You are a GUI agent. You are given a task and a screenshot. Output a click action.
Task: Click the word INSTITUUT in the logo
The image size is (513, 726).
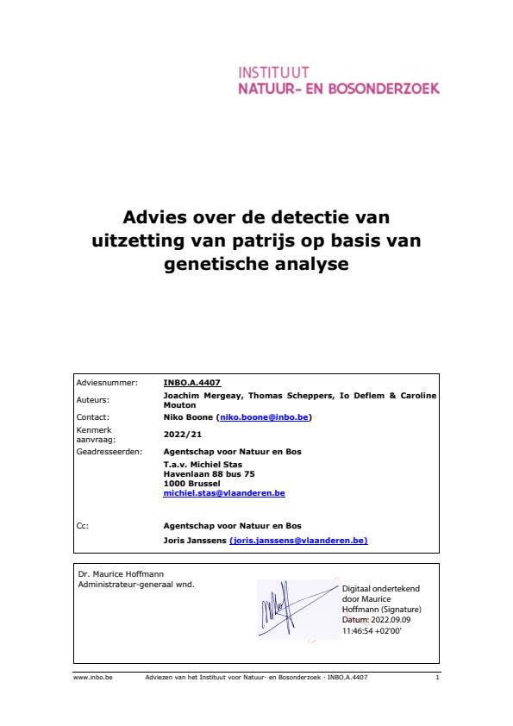click(273, 72)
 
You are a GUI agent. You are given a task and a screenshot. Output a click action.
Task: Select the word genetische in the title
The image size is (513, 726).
click(217, 265)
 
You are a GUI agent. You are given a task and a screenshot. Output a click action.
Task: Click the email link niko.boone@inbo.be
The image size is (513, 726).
click(263, 417)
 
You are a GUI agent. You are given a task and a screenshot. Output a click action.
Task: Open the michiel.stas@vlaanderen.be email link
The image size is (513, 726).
click(224, 493)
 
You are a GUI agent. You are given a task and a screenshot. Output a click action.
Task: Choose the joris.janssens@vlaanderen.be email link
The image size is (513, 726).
click(298, 540)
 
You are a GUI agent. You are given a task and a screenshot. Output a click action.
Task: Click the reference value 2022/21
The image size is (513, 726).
click(183, 434)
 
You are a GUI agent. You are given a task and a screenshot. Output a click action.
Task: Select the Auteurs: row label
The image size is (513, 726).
click(93, 399)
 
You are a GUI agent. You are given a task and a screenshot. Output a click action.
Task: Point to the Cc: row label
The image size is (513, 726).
click(83, 524)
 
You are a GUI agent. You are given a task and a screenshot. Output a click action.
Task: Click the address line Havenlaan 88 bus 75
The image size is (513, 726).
click(209, 473)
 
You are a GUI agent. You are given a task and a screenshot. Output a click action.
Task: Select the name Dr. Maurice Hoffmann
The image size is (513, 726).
click(115, 573)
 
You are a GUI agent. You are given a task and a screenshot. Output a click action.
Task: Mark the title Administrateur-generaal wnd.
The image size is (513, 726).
click(136, 584)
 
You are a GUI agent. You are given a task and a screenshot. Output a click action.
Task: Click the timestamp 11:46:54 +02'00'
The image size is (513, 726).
click(372, 630)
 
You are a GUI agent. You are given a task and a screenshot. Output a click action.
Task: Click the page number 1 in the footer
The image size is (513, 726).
click(438, 678)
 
